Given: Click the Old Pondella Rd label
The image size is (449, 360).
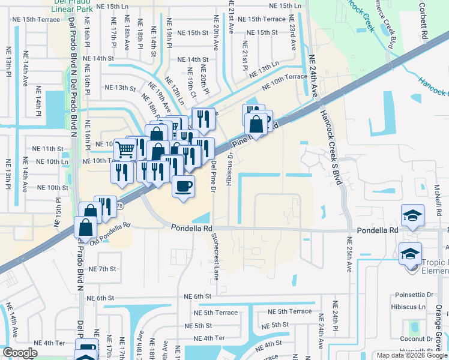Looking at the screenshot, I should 110,233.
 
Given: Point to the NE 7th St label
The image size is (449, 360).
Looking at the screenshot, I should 101,268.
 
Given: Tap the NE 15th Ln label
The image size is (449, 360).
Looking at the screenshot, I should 285,6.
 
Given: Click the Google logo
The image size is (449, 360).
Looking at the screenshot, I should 20,353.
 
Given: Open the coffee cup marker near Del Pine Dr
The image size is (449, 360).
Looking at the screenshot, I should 183,184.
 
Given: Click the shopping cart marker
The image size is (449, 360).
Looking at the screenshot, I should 124,149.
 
